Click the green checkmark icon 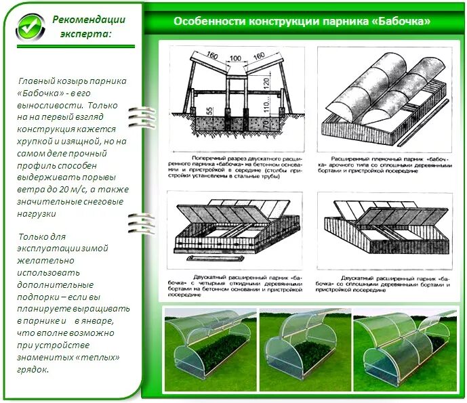tap(29, 26)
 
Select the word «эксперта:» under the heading tap(83, 34)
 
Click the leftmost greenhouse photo tap(209, 343)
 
